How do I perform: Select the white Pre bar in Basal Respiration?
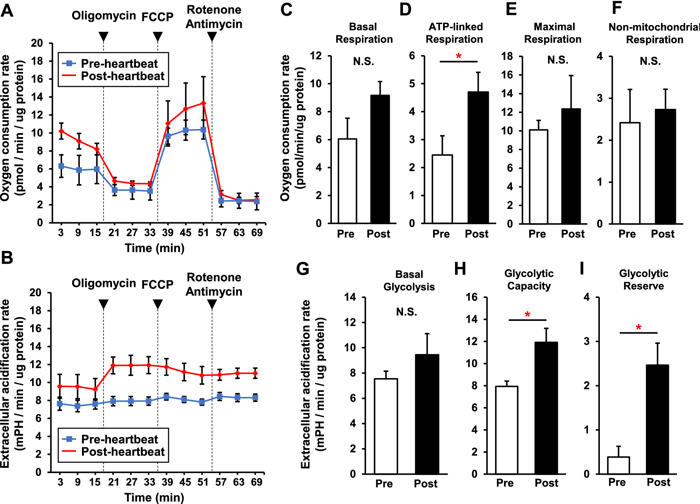coord(347,181)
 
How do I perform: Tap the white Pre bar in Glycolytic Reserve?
coord(618,465)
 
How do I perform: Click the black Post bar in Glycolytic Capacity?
coord(546,408)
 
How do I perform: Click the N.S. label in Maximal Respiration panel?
coord(558,60)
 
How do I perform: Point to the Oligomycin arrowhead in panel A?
coord(103,36)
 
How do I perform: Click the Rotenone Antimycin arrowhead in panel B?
coord(212,304)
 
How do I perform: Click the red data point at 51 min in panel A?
coord(203,103)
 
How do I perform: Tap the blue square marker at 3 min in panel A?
coord(61,166)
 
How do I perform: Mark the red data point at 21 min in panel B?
coord(113,365)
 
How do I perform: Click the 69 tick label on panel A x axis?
coord(257,233)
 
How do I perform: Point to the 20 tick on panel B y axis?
coord(35,292)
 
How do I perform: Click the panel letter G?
coord(303,269)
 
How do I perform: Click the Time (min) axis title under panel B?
coord(154,497)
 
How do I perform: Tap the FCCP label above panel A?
coord(157,17)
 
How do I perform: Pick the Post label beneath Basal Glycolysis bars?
coord(425,484)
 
